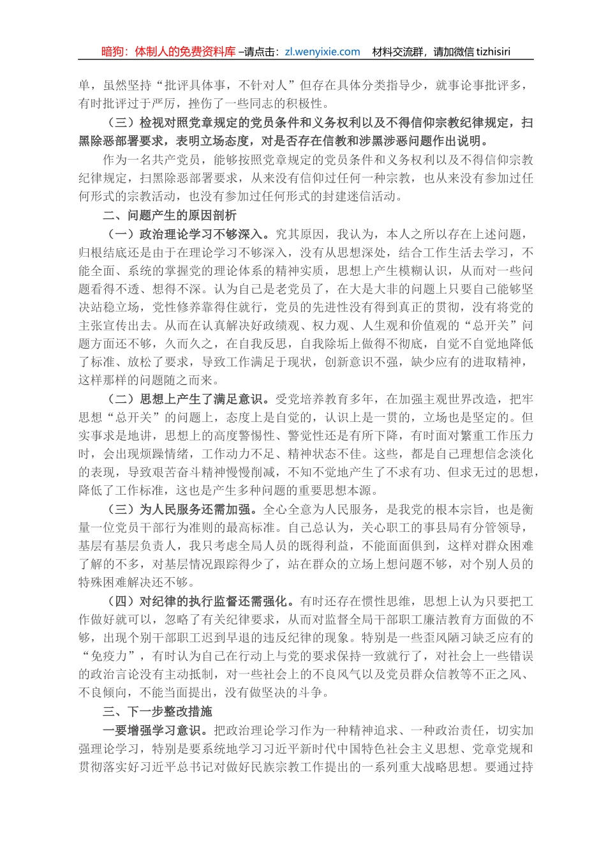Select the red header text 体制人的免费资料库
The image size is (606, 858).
point(186,52)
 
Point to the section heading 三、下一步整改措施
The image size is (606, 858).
point(158,712)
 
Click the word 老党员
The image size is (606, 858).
point(287,289)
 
